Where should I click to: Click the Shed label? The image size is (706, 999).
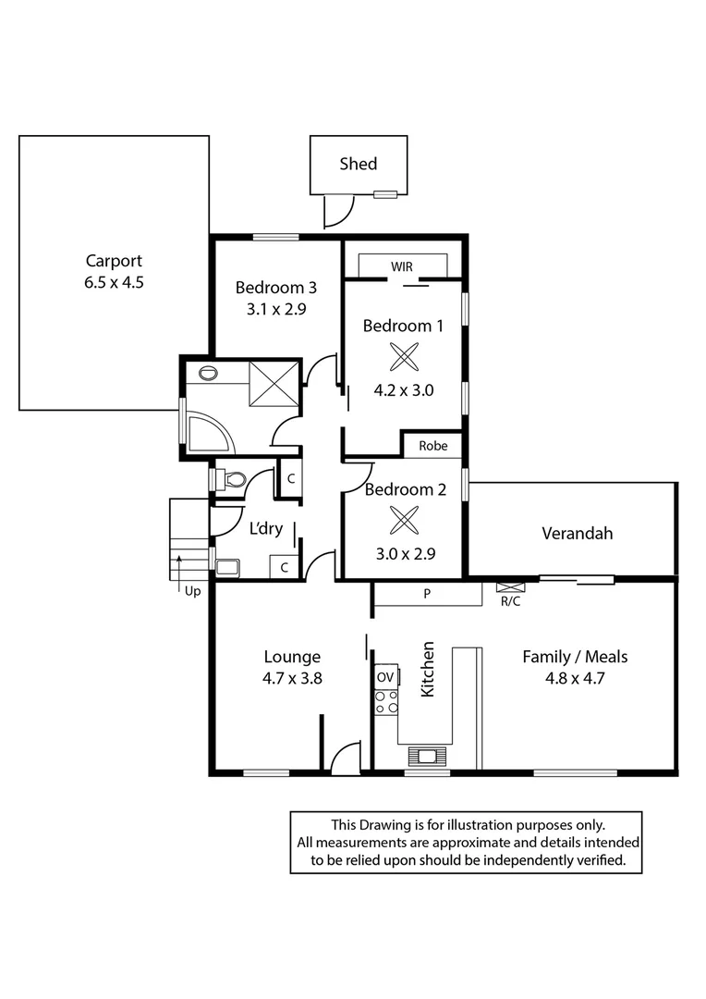coord(359,164)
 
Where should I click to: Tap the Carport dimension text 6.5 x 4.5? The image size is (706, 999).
coord(114,283)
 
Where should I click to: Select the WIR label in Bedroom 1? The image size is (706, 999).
coord(402,266)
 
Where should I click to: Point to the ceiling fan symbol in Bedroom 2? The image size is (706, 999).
coord(403,520)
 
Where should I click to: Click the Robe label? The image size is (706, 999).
coord(433,445)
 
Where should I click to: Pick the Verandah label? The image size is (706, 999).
coord(578,533)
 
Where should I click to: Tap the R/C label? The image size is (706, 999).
coord(510,600)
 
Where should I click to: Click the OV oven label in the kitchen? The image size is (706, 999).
coord(385,677)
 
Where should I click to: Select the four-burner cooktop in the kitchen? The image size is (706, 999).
coord(385,701)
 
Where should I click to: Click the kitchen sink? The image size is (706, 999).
coord(427,757)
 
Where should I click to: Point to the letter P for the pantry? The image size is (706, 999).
coord(427,594)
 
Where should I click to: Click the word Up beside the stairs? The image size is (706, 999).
coord(192,590)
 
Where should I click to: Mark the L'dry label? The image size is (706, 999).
coord(266,529)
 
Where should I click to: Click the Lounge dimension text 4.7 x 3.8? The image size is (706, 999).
coord(292,678)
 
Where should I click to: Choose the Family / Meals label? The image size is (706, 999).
coord(575,657)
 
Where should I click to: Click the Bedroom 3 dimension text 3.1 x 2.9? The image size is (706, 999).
coord(269,310)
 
